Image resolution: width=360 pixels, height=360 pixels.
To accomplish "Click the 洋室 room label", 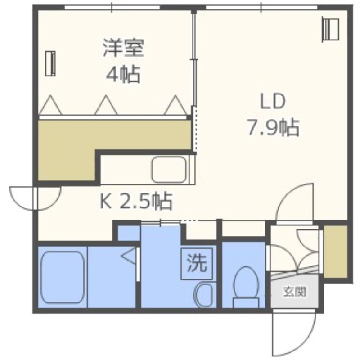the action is coord(123,48).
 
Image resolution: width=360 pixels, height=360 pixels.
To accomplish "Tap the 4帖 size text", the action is coord(123,74).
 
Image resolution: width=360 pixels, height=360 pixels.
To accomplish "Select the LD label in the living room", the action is coord(273,101).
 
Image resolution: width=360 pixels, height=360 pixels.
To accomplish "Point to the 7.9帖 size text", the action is coord(273,127).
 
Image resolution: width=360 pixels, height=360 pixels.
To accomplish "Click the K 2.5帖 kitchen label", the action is coord(136,201).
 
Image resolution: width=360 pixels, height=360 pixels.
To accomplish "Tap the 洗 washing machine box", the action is coord(197,264).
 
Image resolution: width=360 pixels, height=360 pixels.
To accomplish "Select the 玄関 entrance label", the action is coord(295,292).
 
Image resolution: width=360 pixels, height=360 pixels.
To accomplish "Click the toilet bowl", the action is coord(246,287).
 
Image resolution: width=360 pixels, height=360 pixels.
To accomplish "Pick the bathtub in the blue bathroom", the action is coord(63,277).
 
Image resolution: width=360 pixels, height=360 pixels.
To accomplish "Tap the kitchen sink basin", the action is coord(169,170).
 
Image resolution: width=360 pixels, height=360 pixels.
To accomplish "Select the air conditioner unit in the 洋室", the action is coord(50,63).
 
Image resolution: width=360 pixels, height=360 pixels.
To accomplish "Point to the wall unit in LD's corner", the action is coord(330,29).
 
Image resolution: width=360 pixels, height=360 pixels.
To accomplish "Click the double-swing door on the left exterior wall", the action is coord(35,198).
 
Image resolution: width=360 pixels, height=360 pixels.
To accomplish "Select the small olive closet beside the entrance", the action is coord(335,252).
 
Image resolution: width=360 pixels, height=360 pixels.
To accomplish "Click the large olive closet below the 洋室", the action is coord(96,144).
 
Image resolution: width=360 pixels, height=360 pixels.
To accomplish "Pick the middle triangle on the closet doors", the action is coord(106,105).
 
